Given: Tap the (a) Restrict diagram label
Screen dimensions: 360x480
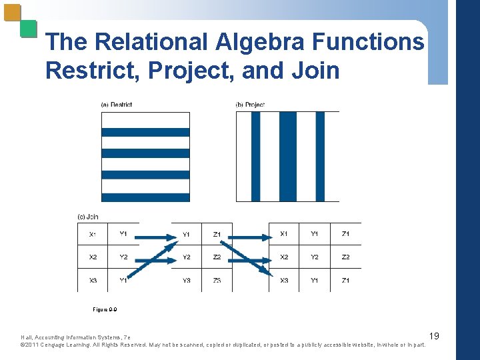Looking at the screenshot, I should pyautogui.click(x=117, y=105).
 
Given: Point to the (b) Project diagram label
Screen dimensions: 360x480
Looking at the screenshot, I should pyautogui.click(x=250, y=105).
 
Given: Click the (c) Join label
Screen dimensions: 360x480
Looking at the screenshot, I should pyautogui.click(x=88, y=216).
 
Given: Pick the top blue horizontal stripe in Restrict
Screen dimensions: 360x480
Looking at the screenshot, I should pyautogui.click(x=145, y=132).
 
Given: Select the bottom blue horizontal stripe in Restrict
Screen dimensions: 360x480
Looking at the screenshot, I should pyautogui.click(x=145, y=197).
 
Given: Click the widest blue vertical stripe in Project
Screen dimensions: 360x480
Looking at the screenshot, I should pyautogui.click(x=287, y=156).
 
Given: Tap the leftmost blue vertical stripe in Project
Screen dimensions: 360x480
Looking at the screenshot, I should pyautogui.click(x=255, y=156).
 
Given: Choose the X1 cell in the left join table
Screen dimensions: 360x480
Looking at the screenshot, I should pyautogui.click(x=93, y=234).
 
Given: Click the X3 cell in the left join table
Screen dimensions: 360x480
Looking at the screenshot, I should pyautogui.click(x=93, y=280).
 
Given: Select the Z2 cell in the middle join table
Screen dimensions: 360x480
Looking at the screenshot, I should pyautogui.click(x=217, y=257).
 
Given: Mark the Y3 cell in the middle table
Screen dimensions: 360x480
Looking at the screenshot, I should pyautogui.click(x=187, y=280).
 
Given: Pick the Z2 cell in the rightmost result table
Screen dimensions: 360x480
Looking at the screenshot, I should pyautogui.click(x=345, y=257).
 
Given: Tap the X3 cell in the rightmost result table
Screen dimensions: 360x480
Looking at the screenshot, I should pyautogui.click(x=285, y=280).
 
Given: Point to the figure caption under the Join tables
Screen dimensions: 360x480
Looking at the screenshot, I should pyautogui.click(x=105, y=309).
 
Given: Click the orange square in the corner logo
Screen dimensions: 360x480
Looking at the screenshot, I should pyautogui.click(x=12, y=13).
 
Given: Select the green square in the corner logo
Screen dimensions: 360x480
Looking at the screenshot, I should pyautogui.click(x=28, y=28).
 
